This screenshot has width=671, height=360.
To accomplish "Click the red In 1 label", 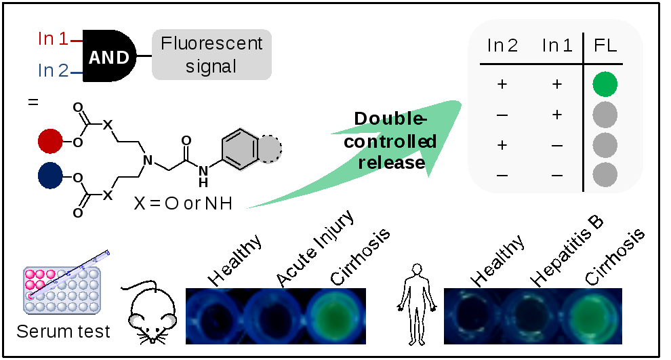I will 54,39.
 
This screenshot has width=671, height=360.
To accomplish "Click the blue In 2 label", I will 54,70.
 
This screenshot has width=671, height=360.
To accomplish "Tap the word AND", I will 109,58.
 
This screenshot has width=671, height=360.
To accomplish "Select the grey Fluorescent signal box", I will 211,55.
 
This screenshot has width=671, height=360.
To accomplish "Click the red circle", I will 51,142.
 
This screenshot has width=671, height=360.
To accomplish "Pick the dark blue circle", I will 51,175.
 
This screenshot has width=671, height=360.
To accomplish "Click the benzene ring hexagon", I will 241,148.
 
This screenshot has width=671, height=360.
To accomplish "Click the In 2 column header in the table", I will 503,45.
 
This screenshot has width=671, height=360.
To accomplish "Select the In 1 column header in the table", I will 557,45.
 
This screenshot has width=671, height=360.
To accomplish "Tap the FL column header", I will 605,45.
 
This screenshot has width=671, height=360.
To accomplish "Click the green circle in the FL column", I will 605,84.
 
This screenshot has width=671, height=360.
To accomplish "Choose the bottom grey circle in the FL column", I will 605,175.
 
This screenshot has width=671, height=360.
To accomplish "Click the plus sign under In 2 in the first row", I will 502,84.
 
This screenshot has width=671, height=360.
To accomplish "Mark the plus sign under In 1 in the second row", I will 557,115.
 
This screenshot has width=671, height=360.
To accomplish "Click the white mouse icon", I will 153,315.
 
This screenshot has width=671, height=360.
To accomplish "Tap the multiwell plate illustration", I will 62,289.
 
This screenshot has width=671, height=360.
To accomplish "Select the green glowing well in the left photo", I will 335,315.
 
